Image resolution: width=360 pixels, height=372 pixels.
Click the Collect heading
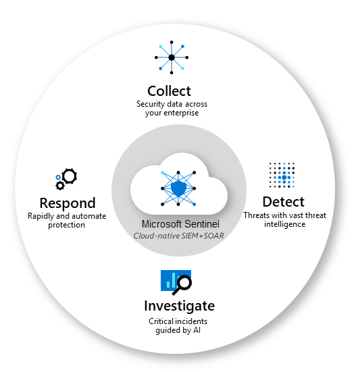click(169, 90)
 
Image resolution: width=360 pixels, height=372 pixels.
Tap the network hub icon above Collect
click(171, 58)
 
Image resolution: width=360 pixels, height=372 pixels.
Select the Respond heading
click(67, 203)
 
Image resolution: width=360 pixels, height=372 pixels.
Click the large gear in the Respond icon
click(69, 177)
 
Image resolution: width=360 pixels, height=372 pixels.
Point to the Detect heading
click(283, 201)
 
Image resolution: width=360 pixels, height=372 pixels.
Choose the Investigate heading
click(179, 305)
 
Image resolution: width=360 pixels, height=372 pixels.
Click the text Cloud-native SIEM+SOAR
click(179, 235)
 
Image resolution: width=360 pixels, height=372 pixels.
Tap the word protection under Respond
click(66, 225)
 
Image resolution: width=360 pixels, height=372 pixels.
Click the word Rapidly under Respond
click(43, 216)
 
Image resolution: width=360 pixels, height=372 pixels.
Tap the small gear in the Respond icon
click(59, 184)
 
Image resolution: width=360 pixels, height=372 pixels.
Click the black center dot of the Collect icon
click(171, 58)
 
